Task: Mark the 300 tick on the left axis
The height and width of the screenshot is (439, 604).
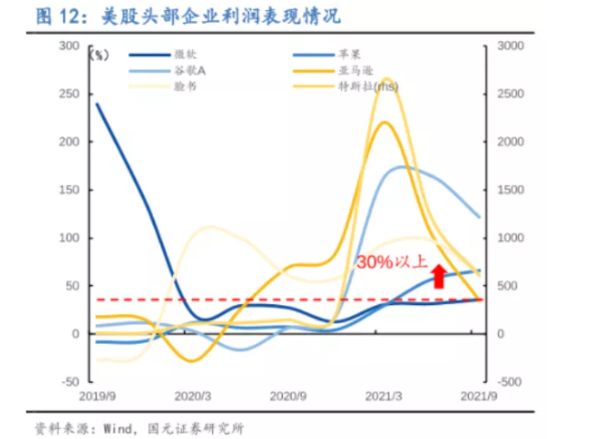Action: [69, 46]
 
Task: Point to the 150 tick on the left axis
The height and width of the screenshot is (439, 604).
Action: [69, 190]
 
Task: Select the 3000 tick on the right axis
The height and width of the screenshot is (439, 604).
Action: [509, 46]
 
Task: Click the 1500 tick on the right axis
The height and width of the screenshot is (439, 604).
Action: [509, 190]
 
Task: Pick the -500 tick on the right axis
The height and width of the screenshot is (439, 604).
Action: [508, 381]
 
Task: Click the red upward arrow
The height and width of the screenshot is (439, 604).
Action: [438, 276]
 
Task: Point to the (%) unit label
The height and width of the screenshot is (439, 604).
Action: [98, 55]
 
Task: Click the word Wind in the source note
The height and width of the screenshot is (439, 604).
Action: [115, 428]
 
